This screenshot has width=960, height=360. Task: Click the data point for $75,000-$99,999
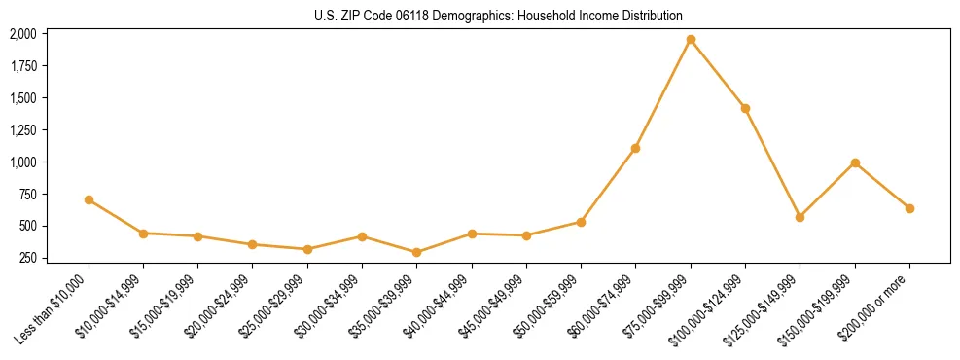[x=691, y=40]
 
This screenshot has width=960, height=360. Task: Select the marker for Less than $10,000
[x=89, y=199]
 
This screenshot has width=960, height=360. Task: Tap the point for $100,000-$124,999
[x=745, y=108]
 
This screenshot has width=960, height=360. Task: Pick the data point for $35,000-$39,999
[x=417, y=252]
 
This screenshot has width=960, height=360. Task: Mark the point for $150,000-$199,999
[x=855, y=162]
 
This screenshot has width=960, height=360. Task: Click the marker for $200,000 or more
[x=909, y=208]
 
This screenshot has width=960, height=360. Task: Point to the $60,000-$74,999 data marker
[x=636, y=148]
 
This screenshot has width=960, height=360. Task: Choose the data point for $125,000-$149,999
[x=800, y=217]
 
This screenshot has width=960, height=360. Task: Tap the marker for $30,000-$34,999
[x=362, y=236]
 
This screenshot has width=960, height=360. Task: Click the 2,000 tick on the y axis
[x=22, y=34]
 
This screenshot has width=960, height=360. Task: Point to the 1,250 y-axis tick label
[x=22, y=129]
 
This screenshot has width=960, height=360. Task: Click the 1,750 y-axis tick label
[x=22, y=66]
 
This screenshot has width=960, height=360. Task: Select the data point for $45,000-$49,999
[x=526, y=235]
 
